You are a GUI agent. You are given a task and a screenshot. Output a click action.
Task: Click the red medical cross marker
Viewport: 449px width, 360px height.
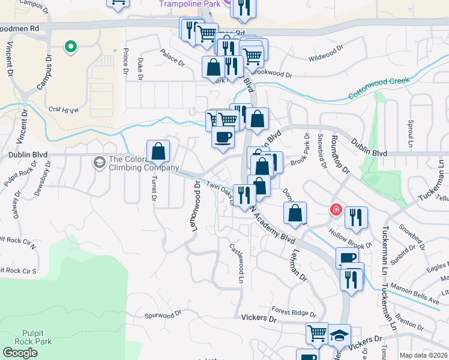(336, 209)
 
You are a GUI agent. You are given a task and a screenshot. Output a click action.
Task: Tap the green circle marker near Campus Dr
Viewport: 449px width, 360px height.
(70, 46)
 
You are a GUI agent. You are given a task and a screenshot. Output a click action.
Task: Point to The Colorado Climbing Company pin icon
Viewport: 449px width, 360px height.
(98, 162)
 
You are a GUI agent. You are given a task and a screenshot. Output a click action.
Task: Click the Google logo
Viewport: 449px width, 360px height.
(20, 353)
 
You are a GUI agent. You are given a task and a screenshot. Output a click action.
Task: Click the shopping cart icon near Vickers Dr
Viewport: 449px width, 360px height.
(317, 333)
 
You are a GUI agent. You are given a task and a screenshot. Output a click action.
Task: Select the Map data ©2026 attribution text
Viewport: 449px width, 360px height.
(423, 355)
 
